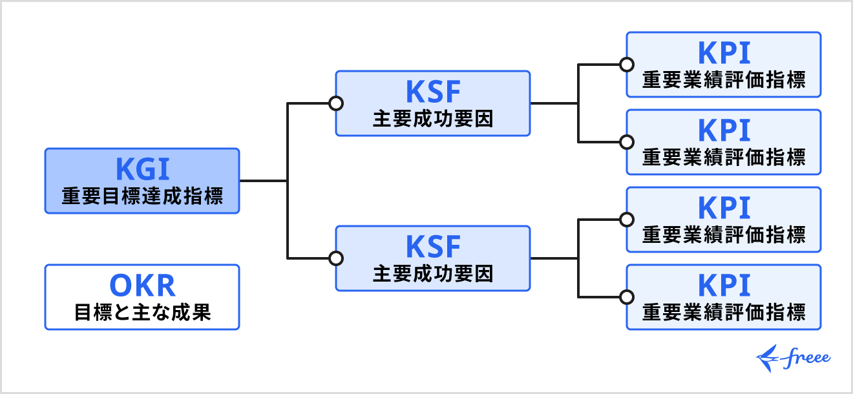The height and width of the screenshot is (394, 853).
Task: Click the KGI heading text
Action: (142, 169)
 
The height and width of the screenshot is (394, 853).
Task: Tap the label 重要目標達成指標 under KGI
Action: (142, 196)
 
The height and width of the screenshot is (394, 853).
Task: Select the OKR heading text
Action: (142, 285)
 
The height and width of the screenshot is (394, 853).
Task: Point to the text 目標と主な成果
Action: (142, 313)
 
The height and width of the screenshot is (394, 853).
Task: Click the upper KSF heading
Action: (433, 92)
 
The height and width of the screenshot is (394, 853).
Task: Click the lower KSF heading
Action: (433, 247)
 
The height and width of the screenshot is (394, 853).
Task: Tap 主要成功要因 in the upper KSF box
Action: (433, 119)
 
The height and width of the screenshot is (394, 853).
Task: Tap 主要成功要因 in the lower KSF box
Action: (433, 274)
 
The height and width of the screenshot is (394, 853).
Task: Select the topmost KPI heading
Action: (724, 53)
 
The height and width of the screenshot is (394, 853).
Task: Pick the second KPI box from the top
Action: (724, 142)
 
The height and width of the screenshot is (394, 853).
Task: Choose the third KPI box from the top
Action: (724, 220)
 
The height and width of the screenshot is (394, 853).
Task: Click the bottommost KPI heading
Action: (724, 285)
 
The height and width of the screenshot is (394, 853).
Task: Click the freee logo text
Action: (808, 358)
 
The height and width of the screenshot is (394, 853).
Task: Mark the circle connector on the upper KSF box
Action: (335, 103)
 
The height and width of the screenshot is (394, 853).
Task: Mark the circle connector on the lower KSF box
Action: (335, 258)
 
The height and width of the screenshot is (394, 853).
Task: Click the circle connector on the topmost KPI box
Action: (626, 65)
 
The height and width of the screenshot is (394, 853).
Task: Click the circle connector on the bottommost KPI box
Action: (626, 297)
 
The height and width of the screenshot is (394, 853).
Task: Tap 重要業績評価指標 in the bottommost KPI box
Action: (724, 313)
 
